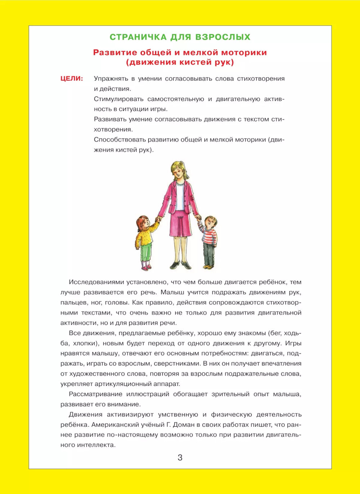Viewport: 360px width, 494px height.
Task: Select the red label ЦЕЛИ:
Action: (72, 78)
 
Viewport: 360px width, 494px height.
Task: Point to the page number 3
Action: (180, 458)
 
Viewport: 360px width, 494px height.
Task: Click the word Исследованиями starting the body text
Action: (94, 282)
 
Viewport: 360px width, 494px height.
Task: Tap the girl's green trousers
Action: (146, 251)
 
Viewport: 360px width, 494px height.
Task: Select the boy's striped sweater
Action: (209, 236)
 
